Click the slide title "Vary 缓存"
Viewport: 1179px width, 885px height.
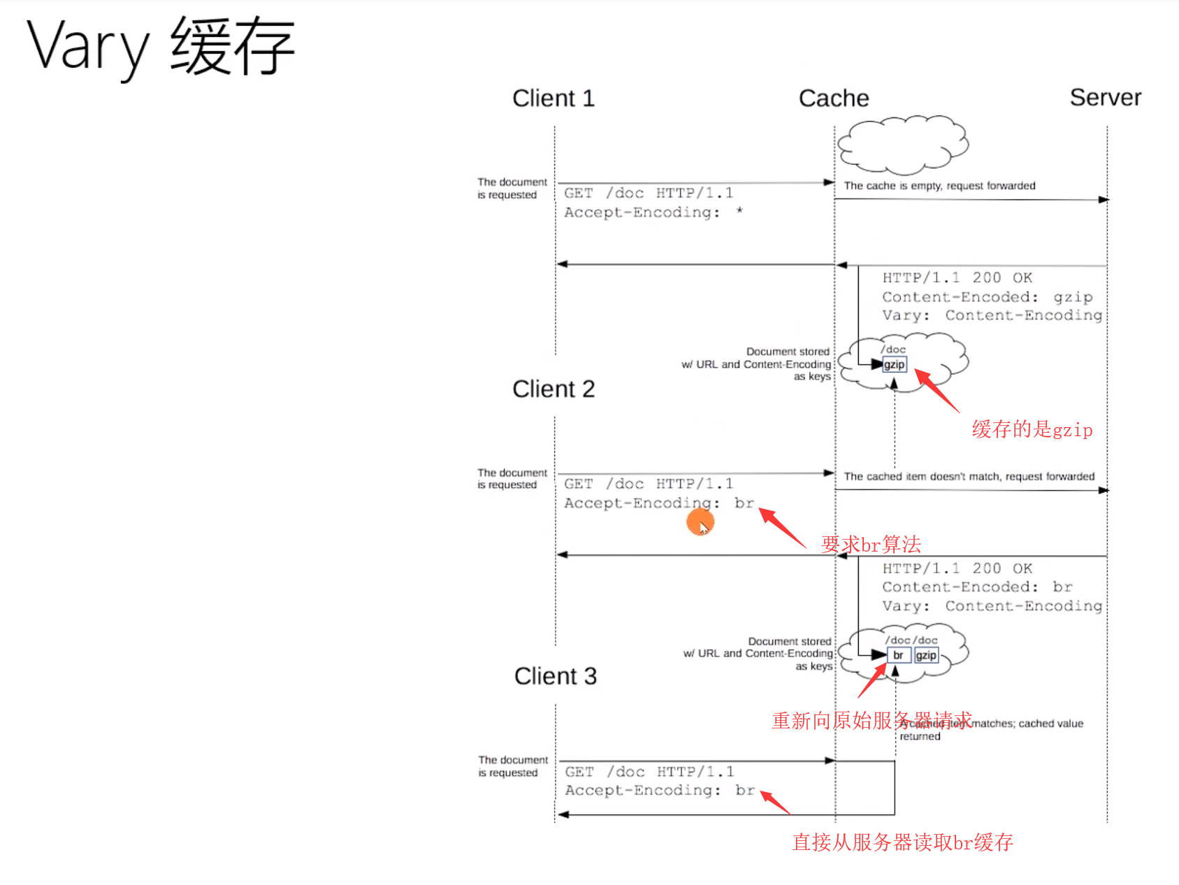pos(161,48)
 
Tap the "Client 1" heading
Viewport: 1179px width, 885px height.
pos(553,99)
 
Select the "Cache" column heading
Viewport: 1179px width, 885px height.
pos(833,99)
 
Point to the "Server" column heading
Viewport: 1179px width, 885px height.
pos(1105,98)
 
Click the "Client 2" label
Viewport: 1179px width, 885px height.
pos(553,389)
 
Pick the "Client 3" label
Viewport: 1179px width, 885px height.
pos(555,676)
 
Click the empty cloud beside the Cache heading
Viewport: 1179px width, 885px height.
pos(903,145)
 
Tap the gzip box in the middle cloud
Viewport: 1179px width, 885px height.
pos(894,364)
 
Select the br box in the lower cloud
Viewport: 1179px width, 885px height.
pos(898,655)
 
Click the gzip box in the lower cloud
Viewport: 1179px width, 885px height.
pos(926,655)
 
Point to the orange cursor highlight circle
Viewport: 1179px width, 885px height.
pos(700,521)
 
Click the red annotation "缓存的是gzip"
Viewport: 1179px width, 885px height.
pos(1032,429)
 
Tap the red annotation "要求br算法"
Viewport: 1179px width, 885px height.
pos(871,544)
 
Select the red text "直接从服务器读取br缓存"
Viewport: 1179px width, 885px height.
pos(902,842)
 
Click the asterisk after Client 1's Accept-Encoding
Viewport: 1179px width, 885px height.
pos(739,211)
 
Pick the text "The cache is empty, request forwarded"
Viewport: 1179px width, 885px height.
pos(939,186)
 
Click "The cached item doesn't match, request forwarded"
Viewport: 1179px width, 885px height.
pos(969,477)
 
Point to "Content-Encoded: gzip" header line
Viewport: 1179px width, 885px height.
pos(987,297)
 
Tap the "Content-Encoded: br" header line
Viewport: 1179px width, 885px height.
pos(976,587)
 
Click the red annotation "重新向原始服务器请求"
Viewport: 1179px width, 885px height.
pos(871,721)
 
